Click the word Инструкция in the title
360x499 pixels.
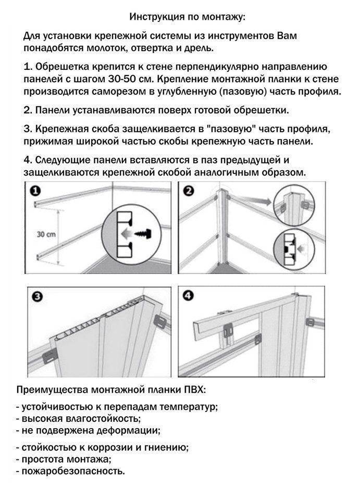155,17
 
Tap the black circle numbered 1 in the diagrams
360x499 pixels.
35,192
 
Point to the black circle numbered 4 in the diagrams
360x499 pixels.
189,296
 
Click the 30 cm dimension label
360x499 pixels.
46,234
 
